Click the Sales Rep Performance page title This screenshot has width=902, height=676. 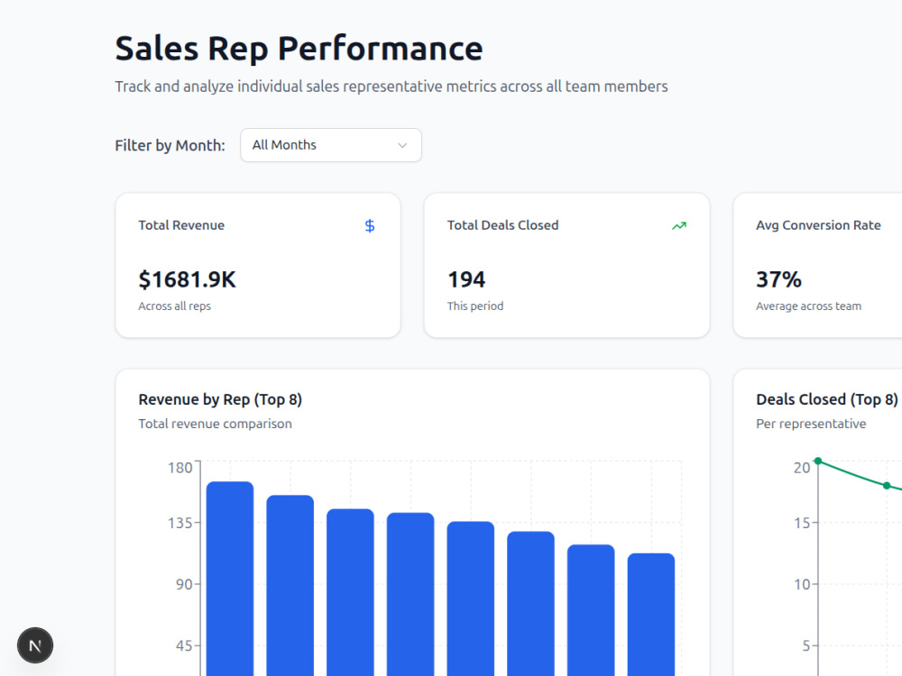tap(299, 49)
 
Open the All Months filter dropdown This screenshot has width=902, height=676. tap(331, 145)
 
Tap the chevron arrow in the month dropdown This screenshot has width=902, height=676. tap(402, 145)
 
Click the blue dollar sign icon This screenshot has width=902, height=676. tap(370, 226)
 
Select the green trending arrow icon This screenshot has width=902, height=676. tap(679, 226)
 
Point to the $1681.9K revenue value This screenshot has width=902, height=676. tap(187, 280)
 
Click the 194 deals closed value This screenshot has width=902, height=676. tap(466, 280)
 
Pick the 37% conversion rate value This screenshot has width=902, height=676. tap(778, 280)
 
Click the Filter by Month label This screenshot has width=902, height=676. tap(170, 145)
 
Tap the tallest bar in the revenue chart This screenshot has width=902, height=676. tap(230, 579)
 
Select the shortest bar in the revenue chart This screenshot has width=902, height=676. tap(651, 615)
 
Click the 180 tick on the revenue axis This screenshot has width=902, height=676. tap(180, 467)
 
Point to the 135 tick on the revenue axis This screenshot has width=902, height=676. tap(180, 523)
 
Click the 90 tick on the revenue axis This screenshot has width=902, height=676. tap(184, 585)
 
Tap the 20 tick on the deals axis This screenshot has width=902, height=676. tap(802, 467)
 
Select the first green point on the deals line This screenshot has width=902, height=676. tap(818, 461)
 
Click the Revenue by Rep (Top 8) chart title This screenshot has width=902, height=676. tap(220, 399)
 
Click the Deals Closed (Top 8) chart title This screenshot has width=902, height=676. tap(826, 399)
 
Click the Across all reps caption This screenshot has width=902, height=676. tap(174, 306)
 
